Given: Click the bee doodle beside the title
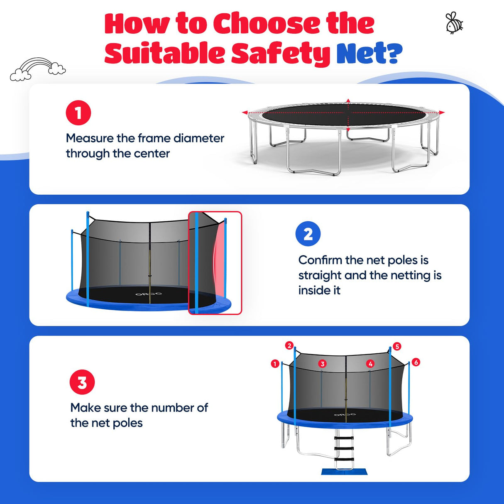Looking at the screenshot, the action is [454, 23].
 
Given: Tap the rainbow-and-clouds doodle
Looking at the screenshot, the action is [38, 69].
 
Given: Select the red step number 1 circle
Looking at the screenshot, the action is [78, 113].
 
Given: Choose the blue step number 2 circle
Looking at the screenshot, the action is [308, 234].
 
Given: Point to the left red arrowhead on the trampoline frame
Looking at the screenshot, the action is [245, 113].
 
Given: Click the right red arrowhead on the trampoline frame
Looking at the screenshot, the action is [441, 113].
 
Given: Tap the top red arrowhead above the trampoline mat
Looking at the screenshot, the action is [348, 101].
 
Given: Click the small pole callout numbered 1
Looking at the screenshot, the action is [275, 364].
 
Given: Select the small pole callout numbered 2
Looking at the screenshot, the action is [289, 345].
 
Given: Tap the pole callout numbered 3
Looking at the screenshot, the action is [323, 364].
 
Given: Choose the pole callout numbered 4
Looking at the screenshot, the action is [370, 364].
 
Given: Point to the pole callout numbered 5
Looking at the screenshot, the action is [397, 347].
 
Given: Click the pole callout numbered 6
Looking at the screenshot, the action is [416, 362].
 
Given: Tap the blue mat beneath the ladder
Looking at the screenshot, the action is [344, 472].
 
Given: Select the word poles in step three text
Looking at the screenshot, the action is [127, 423].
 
